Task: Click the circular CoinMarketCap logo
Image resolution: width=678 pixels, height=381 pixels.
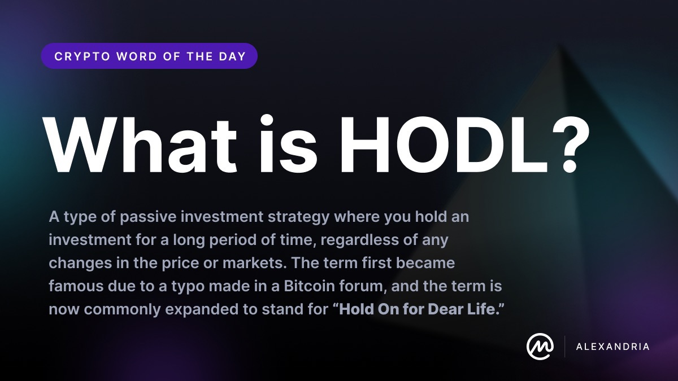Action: point(539,346)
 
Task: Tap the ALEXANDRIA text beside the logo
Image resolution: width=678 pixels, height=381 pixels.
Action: point(612,347)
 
